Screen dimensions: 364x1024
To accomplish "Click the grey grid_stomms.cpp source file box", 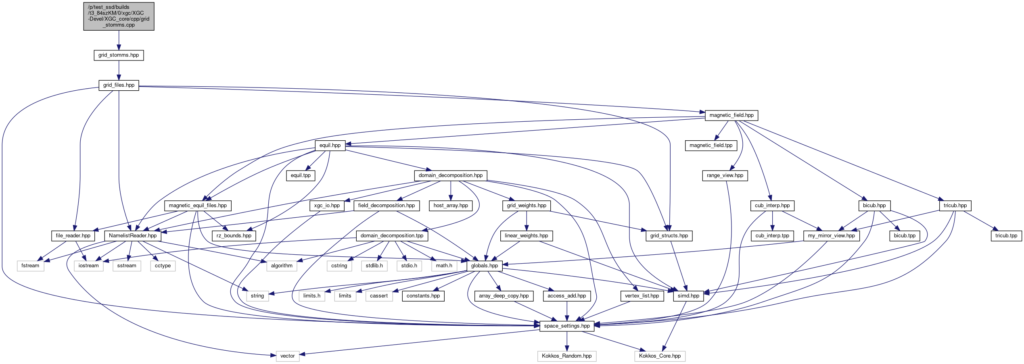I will (x=119, y=16).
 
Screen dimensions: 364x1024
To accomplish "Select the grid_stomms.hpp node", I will (x=119, y=55).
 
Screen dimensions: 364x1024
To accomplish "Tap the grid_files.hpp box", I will (x=119, y=85).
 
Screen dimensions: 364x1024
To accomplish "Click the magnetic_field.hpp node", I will (x=731, y=115).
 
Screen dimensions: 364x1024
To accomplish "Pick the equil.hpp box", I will (x=330, y=146).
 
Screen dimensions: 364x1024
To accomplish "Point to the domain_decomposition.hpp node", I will (x=450, y=175).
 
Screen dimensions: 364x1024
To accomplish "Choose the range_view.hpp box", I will (x=725, y=175).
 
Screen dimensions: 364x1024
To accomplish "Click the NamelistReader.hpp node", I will (x=133, y=236).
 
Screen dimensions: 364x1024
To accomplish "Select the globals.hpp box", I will (x=484, y=266).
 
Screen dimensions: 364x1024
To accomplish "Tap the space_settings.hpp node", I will (x=566, y=326).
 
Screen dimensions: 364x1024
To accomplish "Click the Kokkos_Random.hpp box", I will (x=566, y=356).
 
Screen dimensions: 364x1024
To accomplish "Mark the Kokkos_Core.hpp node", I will (x=660, y=356).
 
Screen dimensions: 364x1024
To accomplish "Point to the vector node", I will (x=288, y=356).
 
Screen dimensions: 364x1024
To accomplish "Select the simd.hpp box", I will (x=688, y=296).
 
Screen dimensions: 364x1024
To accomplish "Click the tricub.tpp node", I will (x=1006, y=236).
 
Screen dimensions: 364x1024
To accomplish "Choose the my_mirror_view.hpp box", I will (x=831, y=236).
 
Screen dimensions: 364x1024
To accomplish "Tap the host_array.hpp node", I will (x=450, y=206).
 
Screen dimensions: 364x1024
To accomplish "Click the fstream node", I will (x=30, y=266).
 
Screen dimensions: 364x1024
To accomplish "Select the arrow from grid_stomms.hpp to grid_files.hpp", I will (x=119, y=70).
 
